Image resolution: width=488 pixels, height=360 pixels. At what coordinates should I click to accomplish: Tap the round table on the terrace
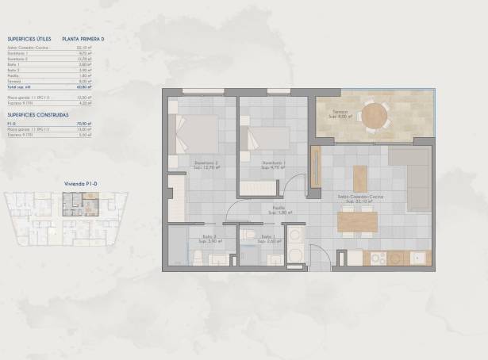[375, 115]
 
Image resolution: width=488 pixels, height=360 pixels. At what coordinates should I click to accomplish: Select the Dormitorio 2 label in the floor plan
[206, 165]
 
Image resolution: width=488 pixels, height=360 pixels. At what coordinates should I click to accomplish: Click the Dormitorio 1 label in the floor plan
[273, 165]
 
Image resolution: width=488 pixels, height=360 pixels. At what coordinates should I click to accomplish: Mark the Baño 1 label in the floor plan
[268, 238]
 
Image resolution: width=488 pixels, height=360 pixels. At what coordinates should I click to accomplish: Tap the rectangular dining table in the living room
[360, 220]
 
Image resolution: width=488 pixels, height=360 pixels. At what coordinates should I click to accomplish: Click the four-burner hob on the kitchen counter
[377, 259]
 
